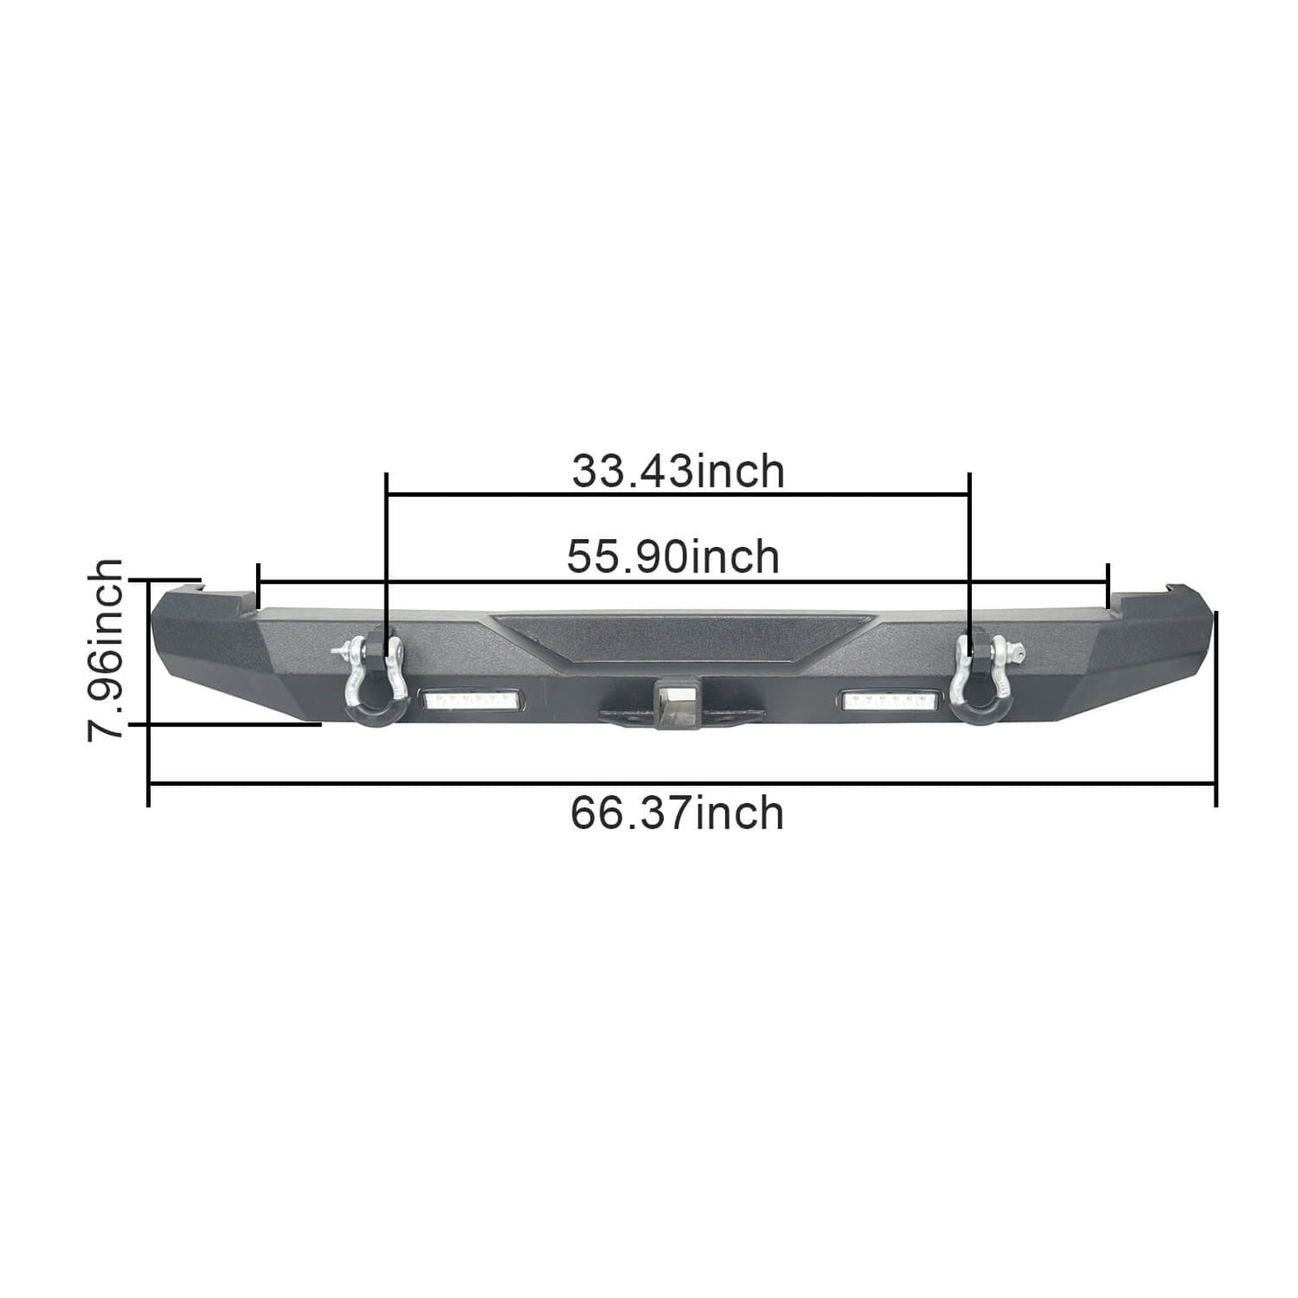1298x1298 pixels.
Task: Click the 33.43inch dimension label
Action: [x=678, y=472]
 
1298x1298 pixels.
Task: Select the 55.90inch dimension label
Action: [x=673, y=557]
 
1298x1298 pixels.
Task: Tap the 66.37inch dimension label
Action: [x=676, y=814]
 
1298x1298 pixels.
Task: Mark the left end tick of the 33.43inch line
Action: [x=386, y=493]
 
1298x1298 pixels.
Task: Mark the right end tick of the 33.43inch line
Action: [x=969, y=493]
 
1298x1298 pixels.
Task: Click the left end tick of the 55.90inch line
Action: [x=259, y=582]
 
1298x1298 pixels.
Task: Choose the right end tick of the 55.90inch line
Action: [x=1108, y=582]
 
